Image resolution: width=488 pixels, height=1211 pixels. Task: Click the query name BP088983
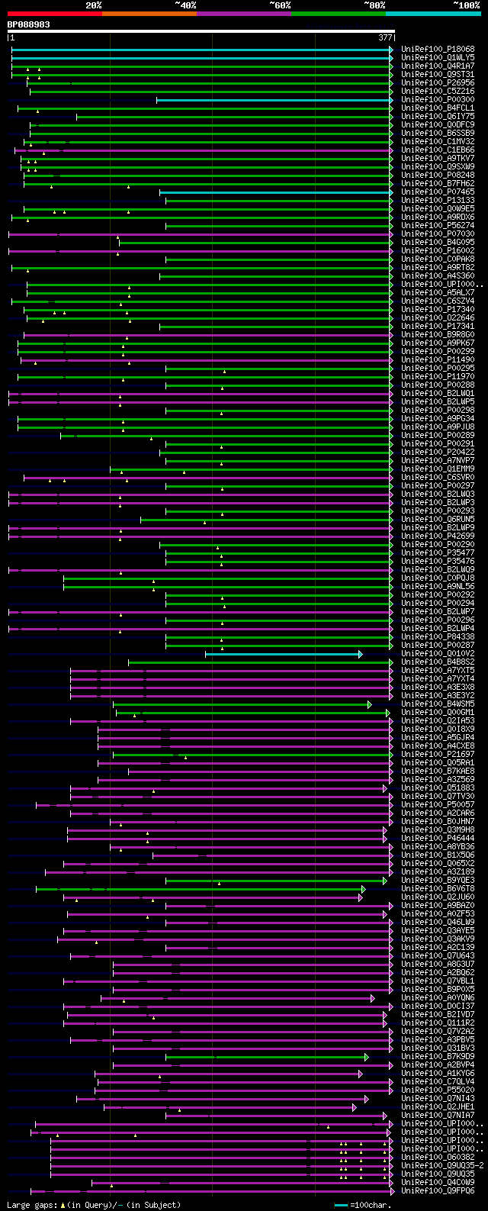coord(28,24)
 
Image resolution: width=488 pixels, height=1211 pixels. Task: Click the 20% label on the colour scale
coord(93,5)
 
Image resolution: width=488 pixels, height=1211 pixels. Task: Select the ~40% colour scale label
coord(185,5)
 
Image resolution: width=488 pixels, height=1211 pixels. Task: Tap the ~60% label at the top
coord(280,5)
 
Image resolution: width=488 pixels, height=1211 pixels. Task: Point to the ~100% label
coord(467,5)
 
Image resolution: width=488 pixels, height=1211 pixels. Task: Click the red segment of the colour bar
coord(54,14)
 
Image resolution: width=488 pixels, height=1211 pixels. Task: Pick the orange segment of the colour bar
coord(149,14)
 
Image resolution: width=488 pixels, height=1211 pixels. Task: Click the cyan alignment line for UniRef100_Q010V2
coord(282,655)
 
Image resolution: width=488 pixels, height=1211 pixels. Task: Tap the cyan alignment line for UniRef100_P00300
coord(274,100)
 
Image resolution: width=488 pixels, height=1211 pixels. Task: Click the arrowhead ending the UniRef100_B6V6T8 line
coord(364,889)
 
